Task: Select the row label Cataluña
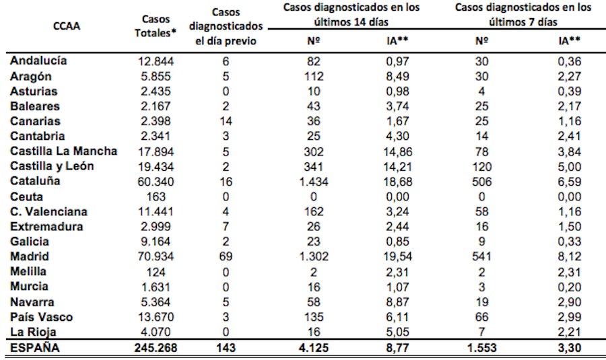point(35,182)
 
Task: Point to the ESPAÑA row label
point(34,349)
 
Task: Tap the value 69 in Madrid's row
point(227,256)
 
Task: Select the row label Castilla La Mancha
point(63,151)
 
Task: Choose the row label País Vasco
point(41,317)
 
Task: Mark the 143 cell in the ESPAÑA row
point(227,349)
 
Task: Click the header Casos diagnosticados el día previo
point(227,27)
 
